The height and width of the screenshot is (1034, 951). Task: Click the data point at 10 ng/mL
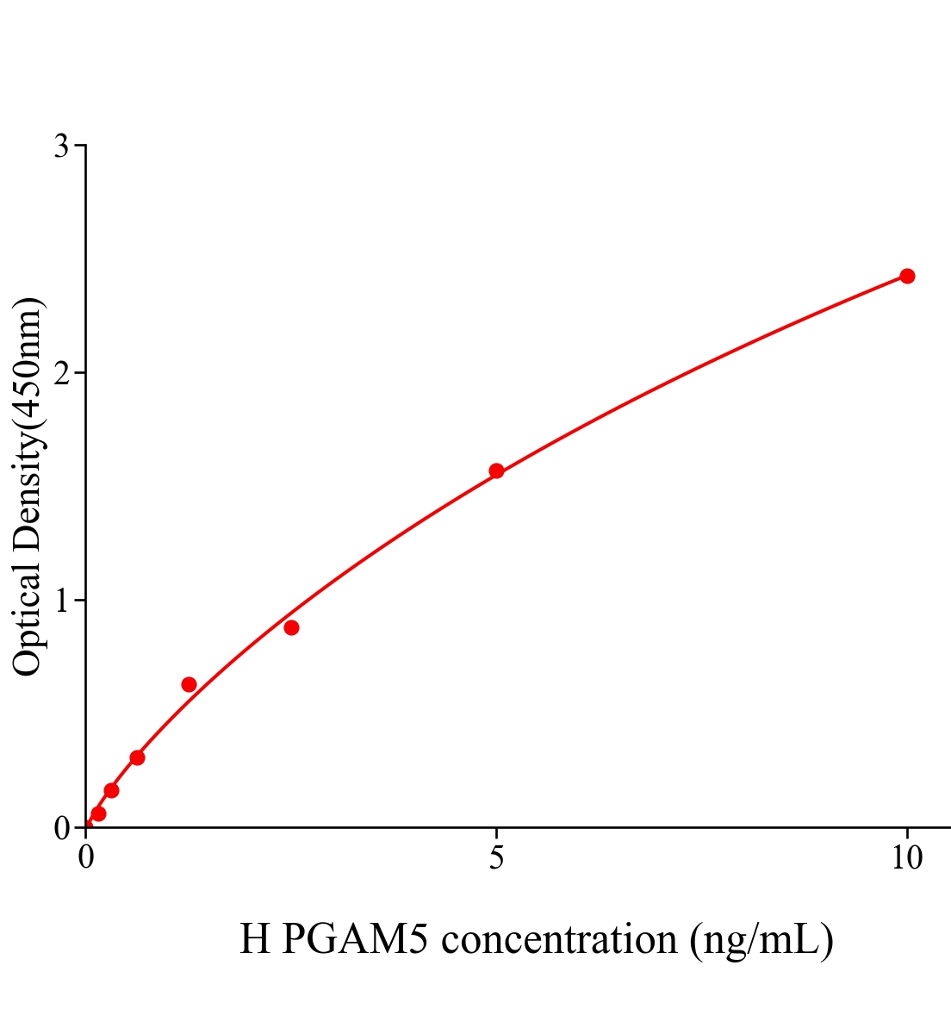[x=906, y=276]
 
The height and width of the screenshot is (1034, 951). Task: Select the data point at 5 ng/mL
[x=496, y=470]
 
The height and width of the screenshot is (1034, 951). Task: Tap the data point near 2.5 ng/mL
[x=291, y=627]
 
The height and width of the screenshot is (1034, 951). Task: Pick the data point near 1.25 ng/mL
[x=189, y=684]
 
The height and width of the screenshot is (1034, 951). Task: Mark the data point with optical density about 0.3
[x=137, y=757]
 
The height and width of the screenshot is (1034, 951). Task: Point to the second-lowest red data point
[x=111, y=790]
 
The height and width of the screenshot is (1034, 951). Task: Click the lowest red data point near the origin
[x=98, y=813]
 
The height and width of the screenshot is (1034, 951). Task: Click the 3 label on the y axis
[x=61, y=146]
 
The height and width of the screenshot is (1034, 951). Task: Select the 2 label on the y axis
[x=61, y=373]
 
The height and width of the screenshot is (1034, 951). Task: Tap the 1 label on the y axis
[x=61, y=601]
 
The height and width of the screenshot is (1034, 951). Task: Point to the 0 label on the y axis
[x=61, y=828]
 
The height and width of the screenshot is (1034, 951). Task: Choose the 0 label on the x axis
[x=86, y=858]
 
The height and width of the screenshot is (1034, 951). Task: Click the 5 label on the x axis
[x=496, y=858]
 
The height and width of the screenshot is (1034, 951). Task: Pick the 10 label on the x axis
[x=906, y=858]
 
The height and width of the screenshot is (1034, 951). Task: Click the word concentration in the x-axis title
[x=559, y=939]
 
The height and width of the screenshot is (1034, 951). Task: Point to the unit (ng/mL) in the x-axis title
[x=761, y=939]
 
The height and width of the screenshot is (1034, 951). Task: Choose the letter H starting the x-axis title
[x=255, y=939]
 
